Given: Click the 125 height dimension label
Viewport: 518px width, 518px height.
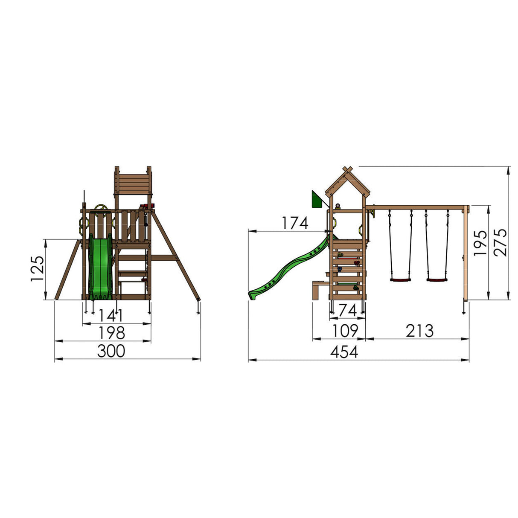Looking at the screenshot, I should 37,269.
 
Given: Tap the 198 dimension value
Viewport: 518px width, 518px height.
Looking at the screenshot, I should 111,333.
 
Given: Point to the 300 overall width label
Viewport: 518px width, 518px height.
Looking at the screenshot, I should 111,351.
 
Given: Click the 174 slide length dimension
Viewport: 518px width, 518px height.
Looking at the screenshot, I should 294,223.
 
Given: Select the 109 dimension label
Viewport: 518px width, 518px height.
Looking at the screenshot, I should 345,331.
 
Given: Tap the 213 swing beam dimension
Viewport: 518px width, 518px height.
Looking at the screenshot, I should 419,331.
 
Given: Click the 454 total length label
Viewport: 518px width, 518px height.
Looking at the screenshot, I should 344,352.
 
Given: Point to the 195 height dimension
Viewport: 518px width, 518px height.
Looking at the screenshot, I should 480,243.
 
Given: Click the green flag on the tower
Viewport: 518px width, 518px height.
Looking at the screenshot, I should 317,200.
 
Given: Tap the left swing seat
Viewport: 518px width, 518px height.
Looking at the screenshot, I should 401,280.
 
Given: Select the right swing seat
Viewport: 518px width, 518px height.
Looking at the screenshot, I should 437,280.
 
